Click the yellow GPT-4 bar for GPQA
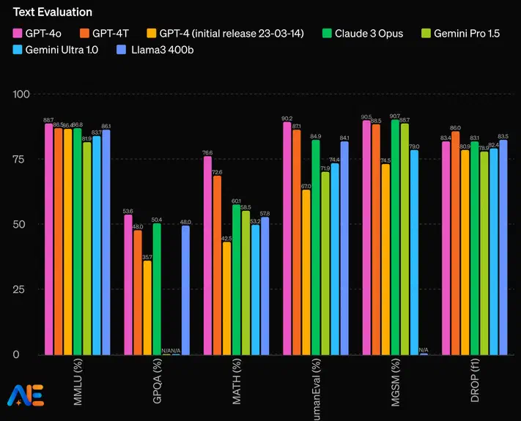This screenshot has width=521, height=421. [147, 308]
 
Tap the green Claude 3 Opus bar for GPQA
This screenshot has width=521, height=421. [157, 289]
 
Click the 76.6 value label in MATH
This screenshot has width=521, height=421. [207, 152]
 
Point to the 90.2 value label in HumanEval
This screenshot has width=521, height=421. [287, 119]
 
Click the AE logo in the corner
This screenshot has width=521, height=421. [25, 395]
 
